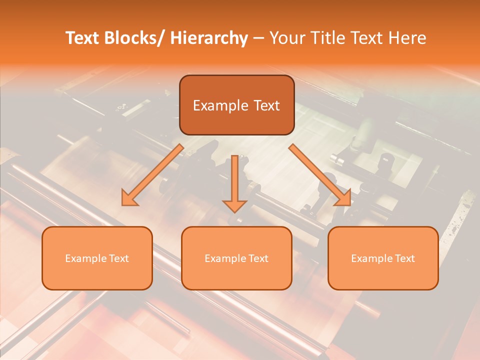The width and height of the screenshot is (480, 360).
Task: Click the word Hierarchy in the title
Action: (209, 38)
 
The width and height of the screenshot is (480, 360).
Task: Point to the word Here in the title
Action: (408, 38)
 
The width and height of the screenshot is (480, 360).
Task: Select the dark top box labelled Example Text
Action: (236, 105)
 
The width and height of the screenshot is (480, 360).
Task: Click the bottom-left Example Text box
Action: (97, 258)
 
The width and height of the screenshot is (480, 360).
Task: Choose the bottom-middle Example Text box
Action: (236, 258)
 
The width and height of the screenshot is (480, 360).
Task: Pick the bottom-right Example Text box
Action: (383, 258)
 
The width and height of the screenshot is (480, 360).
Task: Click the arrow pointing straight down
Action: (235, 182)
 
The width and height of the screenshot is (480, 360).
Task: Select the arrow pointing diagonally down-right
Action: (320, 175)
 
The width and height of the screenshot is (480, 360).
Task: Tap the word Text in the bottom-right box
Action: (404, 258)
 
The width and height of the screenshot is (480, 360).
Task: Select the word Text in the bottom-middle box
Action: (258, 258)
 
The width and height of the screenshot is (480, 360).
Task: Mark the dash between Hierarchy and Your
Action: (258, 38)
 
